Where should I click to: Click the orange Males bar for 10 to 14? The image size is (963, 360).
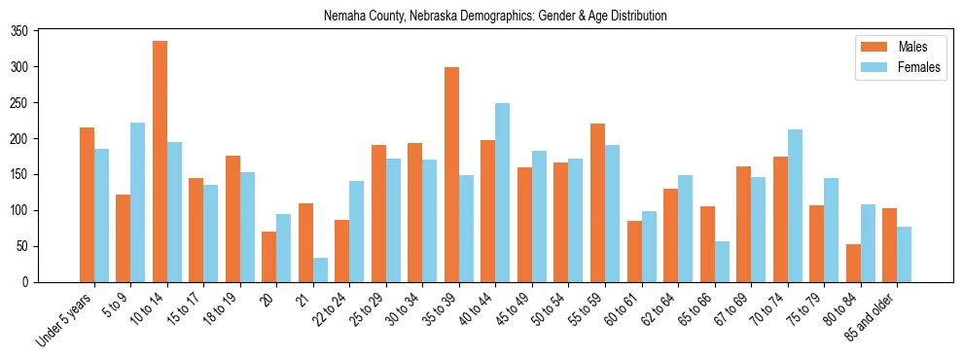[x=160, y=162]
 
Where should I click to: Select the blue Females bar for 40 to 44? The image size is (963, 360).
[x=502, y=193]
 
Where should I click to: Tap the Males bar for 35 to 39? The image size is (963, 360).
[x=451, y=175]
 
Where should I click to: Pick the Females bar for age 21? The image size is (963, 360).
[x=320, y=270]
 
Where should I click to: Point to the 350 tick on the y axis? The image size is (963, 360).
[x=38, y=31]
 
